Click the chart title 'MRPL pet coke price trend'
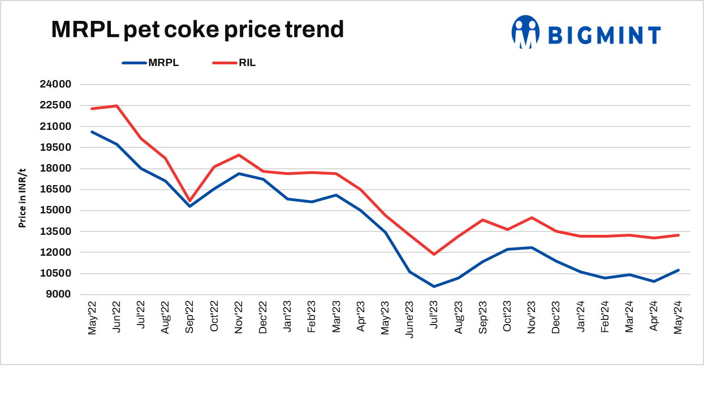tap(197, 29)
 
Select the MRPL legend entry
tap(163, 63)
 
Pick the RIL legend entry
tap(247, 63)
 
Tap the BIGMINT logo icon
tap(525, 32)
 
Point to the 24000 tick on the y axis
tap(55, 85)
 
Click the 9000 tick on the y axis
tap(58, 295)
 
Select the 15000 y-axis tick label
tap(55, 211)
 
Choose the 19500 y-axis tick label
tap(55, 147)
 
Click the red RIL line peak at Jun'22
tap(116, 106)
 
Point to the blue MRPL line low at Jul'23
tap(434, 286)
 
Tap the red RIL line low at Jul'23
tap(434, 255)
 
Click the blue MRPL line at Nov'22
tap(239, 173)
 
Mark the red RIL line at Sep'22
tap(190, 200)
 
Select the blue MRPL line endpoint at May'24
tap(678, 270)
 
